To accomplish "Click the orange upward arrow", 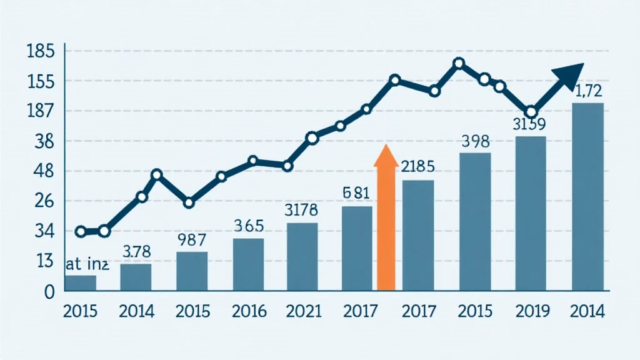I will (386, 219).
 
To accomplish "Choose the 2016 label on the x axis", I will (248, 311).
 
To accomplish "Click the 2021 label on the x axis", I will (304, 311).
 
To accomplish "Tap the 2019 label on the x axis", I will (531, 311).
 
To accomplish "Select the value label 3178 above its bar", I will (301, 209).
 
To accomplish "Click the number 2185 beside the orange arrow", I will (417, 167).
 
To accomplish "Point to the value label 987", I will (191, 239).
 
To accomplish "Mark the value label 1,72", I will (587, 91).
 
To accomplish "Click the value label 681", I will (357, 193).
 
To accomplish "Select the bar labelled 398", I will (475, 222).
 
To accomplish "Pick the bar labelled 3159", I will (531, 213).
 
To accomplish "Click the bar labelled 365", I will (248, 264).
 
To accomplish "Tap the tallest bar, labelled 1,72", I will (587, 197).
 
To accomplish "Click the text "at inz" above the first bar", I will (87, 264).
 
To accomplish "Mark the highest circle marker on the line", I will (459, 63).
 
